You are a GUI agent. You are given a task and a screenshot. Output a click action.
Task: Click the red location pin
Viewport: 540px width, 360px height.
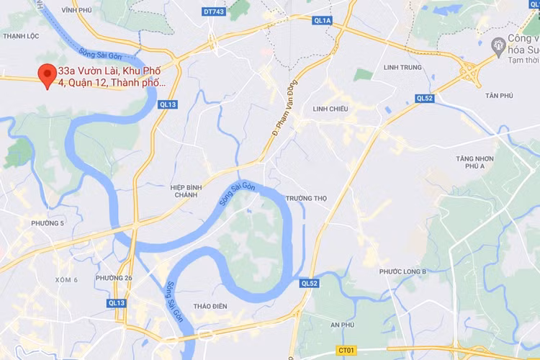point(48,75)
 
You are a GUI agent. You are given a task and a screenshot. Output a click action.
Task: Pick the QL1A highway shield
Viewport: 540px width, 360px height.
point(322,21)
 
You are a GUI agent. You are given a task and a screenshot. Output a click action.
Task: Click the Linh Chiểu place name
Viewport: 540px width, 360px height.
point(330,109)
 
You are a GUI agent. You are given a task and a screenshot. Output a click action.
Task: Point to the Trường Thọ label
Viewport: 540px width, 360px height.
point(306,198)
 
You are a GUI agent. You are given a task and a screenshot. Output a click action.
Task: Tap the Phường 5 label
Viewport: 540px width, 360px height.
point(48,223)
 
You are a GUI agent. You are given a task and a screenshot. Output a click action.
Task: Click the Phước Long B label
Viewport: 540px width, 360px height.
point(403,271)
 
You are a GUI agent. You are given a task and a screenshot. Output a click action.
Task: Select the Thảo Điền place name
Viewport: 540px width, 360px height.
point(210,307)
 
